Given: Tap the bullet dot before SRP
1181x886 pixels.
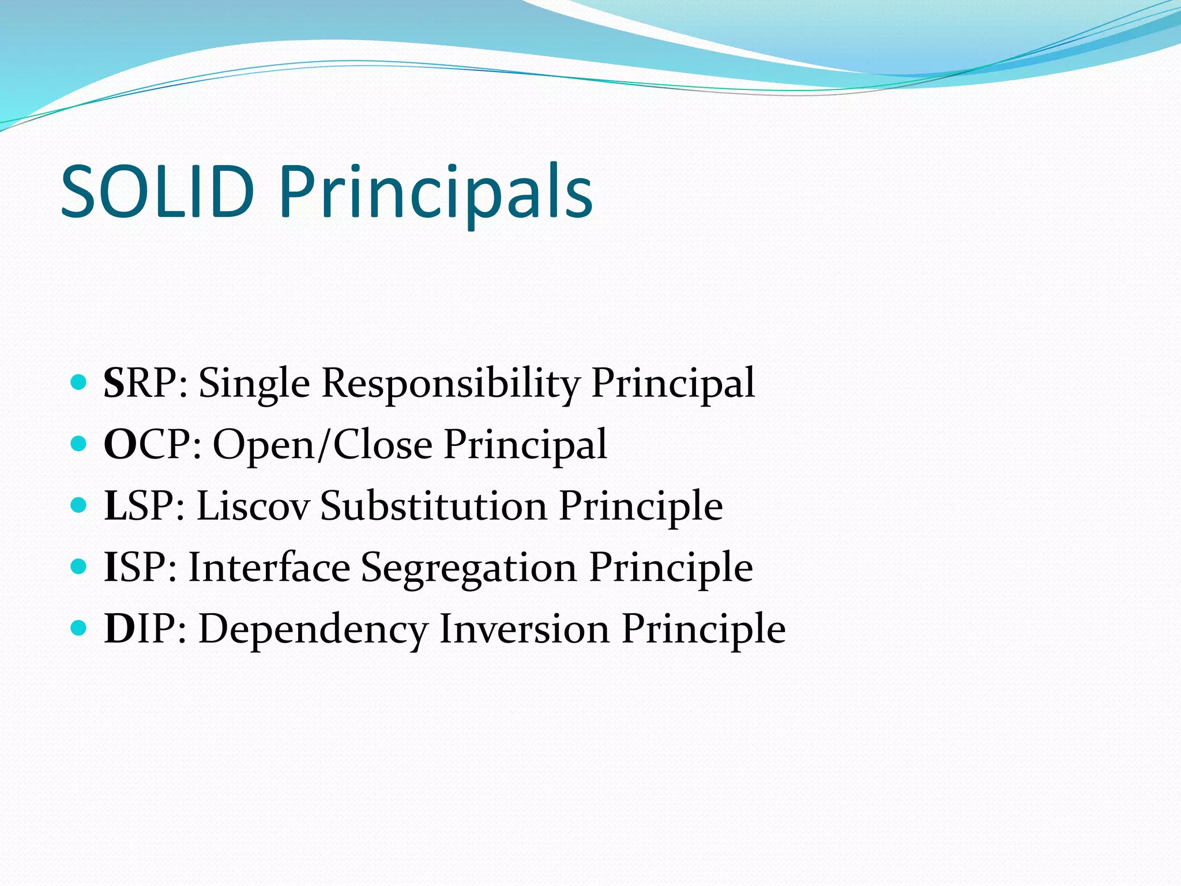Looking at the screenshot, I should [x=78, y=382].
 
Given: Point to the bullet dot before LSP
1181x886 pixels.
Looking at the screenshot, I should [x=78, y=505].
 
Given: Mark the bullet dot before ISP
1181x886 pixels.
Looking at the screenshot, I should [x=78, y=566].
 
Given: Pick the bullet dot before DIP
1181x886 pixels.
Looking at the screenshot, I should [x=78, y=628].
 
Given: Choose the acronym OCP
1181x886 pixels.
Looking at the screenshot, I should [x=152, y=445].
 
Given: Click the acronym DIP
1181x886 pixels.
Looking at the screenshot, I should [x=144, y=629].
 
